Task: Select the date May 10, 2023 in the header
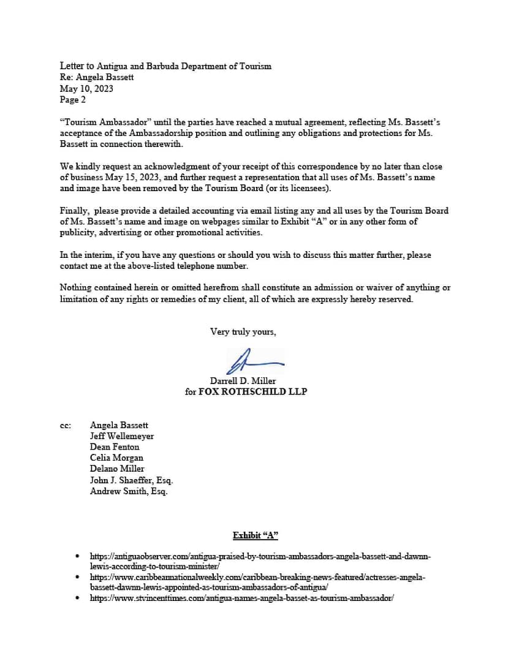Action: point(86,88)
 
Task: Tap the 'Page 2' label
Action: point(73,99)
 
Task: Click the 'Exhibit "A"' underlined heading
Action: point(255,535)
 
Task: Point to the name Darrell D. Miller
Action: point(243,380)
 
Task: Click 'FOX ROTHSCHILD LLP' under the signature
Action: point(252,391)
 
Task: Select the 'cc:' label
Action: point(65,425)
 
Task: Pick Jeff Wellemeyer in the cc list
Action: point(122,436)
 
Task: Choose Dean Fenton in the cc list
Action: point(115,447)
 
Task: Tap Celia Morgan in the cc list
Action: point(116,458)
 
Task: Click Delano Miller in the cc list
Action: point(117,469)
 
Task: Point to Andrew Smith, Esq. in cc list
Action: point(129,491)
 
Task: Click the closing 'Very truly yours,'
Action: point(243,332)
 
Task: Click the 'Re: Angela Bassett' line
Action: point(97,77)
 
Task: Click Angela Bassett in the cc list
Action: point(119,425)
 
